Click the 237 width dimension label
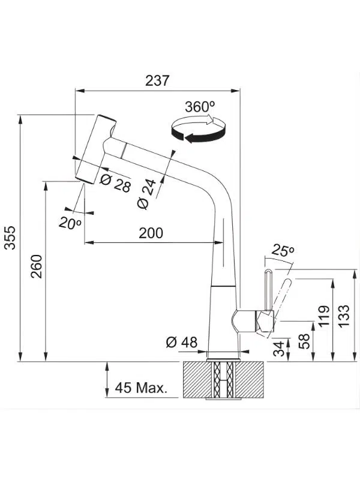point(157,80)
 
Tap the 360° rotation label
point(200,107)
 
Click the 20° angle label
point(70,223)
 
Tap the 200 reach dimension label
point(151,233)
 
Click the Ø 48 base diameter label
point(181,342)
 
